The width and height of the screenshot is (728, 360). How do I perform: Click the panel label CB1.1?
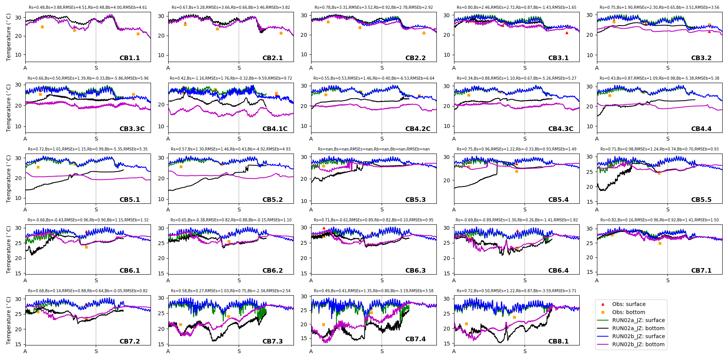[130, 58]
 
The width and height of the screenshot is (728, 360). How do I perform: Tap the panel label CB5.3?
[415, 200]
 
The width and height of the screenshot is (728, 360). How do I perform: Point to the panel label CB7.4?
[415, 339]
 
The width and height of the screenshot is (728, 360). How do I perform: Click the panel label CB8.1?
[558, 342]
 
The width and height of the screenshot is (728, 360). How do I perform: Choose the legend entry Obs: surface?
[629, 304]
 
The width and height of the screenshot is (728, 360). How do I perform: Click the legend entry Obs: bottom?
[628, 312]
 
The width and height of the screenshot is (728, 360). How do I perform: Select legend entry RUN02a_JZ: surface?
[638, 320]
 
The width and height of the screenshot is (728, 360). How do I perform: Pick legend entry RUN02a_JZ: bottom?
[638, 328]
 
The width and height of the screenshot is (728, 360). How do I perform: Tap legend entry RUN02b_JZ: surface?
[638, 336]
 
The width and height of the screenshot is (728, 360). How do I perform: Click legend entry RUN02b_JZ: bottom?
[638, 344]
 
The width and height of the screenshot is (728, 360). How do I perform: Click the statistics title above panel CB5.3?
[374, 149]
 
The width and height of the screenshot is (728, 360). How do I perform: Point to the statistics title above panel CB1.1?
[88, 8]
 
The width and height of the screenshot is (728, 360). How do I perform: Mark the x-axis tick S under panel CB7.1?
[668, 281]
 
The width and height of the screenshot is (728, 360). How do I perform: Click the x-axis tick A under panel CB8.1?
[454, 351]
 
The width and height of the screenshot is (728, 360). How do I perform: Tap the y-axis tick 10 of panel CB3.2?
[590, 55]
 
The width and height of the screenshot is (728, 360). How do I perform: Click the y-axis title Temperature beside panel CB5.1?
[9, 178]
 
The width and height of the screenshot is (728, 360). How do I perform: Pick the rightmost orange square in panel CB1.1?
[138, 34]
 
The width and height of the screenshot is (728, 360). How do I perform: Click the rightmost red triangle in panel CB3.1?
[567, 33]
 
